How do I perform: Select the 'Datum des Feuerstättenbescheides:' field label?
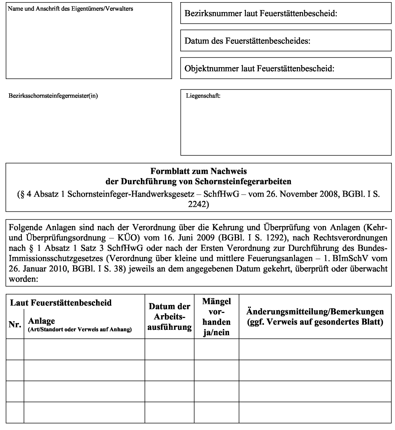[247, 41]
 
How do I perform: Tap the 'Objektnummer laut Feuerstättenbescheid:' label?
[259, 69]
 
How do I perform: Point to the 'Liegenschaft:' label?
[203, 96]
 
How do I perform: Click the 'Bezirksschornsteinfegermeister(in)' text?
[53, 95]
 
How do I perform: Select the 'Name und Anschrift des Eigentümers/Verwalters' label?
[70, 9]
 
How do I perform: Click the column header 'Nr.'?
[15, 325]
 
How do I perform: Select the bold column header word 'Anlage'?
[41, 321]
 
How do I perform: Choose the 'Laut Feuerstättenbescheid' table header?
[61, 303]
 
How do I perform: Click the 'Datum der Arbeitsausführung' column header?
[169, 317]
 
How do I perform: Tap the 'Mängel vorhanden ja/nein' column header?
[216, 317]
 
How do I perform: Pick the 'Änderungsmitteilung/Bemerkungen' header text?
[315, 312]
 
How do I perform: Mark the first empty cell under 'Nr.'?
[15, 349]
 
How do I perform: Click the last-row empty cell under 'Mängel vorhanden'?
[216, 412]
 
